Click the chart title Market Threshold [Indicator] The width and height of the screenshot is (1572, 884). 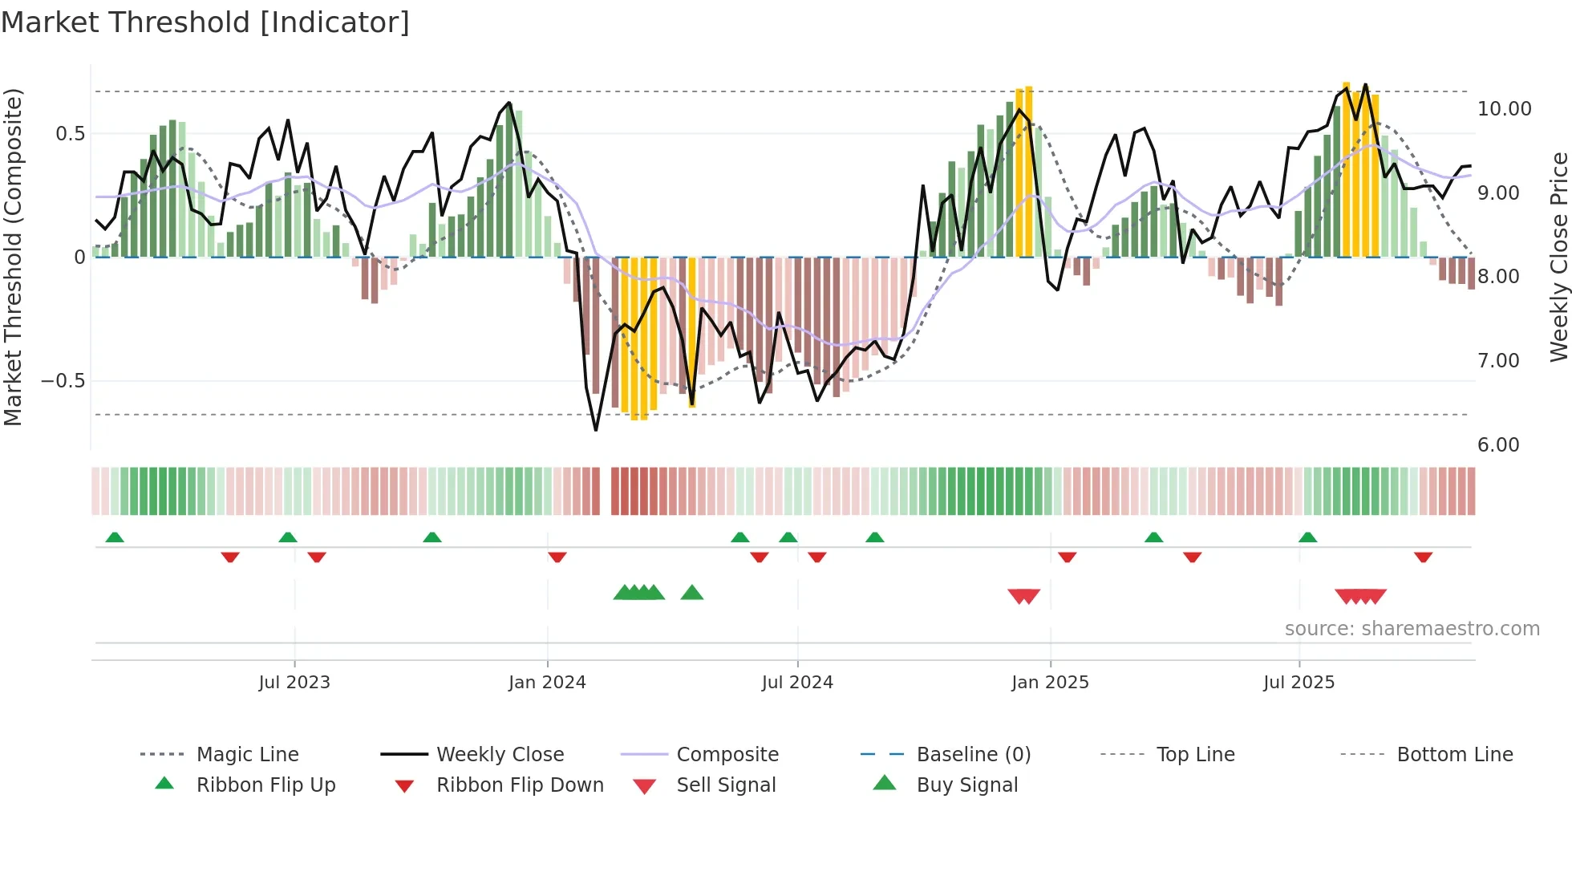(205, 22)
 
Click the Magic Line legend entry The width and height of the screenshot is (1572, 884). (247, 754)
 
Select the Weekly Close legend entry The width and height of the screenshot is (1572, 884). (500, 754)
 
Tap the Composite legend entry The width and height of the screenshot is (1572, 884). (727, 754)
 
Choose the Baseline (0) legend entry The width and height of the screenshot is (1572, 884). (973, 754)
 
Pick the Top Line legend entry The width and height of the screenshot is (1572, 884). (1195, 754)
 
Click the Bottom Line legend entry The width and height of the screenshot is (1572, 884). (1454, 754)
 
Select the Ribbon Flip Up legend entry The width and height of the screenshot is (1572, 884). (265, 785)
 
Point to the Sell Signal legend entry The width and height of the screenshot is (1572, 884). (726, 785)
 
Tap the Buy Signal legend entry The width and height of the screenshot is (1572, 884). (966, 785)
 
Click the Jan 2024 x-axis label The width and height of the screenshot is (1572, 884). (547, 682)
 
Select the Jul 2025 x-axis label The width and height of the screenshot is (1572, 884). (1299, 682)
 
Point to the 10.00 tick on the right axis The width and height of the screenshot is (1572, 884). (1504, 108)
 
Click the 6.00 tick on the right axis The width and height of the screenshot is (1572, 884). (1498, 444)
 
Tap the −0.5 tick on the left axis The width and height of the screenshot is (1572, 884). (63, 380)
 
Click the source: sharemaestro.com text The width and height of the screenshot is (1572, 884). (1412, 628)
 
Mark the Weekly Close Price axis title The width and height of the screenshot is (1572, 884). (1558, 257)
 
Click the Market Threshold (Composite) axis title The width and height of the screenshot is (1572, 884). (13, 257)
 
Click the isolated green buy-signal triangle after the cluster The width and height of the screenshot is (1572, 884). (691, 593)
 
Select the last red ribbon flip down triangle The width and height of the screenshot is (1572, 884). (1423, 557)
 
